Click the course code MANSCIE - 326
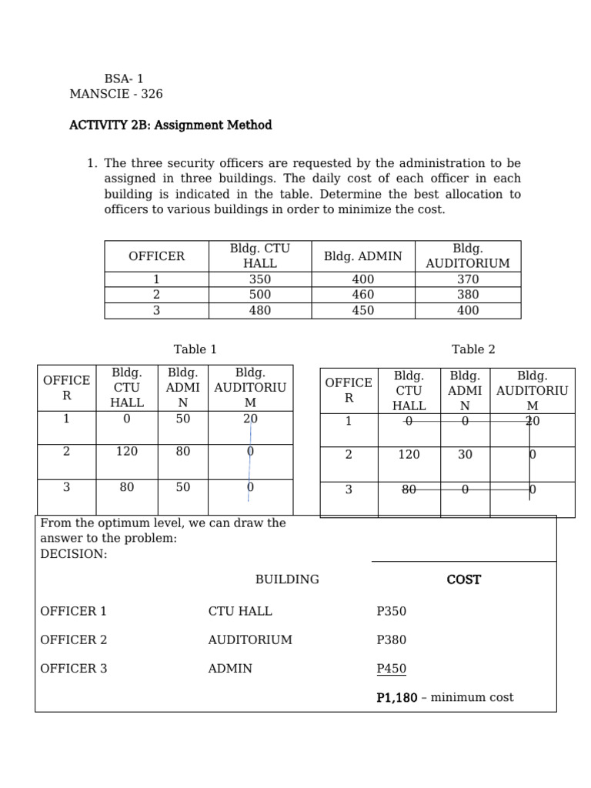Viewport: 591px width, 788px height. point(116,94)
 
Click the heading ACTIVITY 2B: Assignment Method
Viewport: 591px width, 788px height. point(170,125)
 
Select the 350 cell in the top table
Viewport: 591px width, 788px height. point(260,279)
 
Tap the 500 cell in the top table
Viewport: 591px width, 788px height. point(260,295)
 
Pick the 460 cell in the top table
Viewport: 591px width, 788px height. point(363,295)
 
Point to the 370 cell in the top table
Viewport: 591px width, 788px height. point(467,279)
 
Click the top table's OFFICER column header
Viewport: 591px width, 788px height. point(156,256)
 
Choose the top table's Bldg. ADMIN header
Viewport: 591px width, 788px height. point(363,256)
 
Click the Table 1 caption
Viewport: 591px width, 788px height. point(195,349)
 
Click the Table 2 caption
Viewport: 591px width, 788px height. point(473,349)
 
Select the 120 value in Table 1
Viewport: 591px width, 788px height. point(127,452)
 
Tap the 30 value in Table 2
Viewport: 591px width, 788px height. point(465,455)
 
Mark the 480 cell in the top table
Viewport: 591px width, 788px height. point(260,311)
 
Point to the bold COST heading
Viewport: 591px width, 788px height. point(463,579)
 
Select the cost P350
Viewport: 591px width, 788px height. point(391,612)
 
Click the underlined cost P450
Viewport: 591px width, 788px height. point(391,669)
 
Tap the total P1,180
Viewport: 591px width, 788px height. point(397,698)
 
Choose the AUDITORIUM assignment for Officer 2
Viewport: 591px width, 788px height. point(250,640)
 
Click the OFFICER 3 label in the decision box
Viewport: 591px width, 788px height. point(74,669)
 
